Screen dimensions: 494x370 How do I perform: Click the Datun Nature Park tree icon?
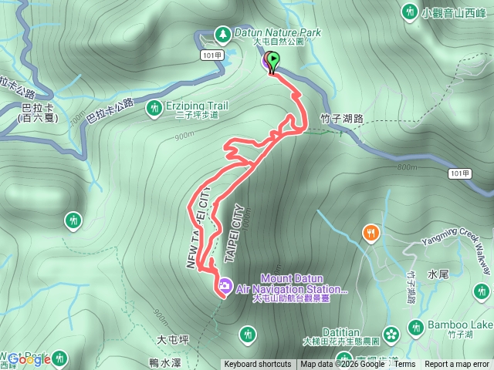click(x=223, y=34)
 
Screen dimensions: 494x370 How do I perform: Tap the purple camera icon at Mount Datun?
click(x=224, y=285)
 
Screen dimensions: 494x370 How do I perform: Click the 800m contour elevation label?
click(x=407, y=166)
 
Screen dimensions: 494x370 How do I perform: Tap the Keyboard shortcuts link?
click(x=257, y=365)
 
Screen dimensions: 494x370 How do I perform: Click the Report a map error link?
click(x=458, y=365)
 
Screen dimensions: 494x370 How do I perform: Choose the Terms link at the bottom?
click(x=404, y=365)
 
